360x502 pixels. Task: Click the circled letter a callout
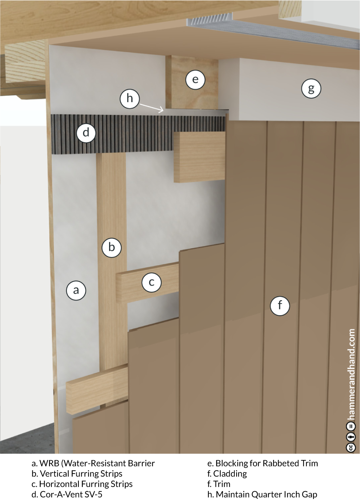tap(76, 290)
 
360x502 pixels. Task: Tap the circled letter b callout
tap(112, 248)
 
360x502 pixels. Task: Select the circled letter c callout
tap(152, 282)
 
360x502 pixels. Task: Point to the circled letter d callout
tap(86, 133)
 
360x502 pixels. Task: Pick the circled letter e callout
tap(195, 80)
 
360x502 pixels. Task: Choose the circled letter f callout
tap(280, 306)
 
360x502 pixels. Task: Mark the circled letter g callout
tap(311, 89)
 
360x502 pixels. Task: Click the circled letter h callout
tap(130, 99)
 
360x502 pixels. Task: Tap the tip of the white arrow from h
tap(163, 111)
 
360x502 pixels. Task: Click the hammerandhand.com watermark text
tap(351, 374)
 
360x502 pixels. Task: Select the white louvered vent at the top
tap(210, 19)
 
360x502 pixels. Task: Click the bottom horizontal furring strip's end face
tap(71, 398)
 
